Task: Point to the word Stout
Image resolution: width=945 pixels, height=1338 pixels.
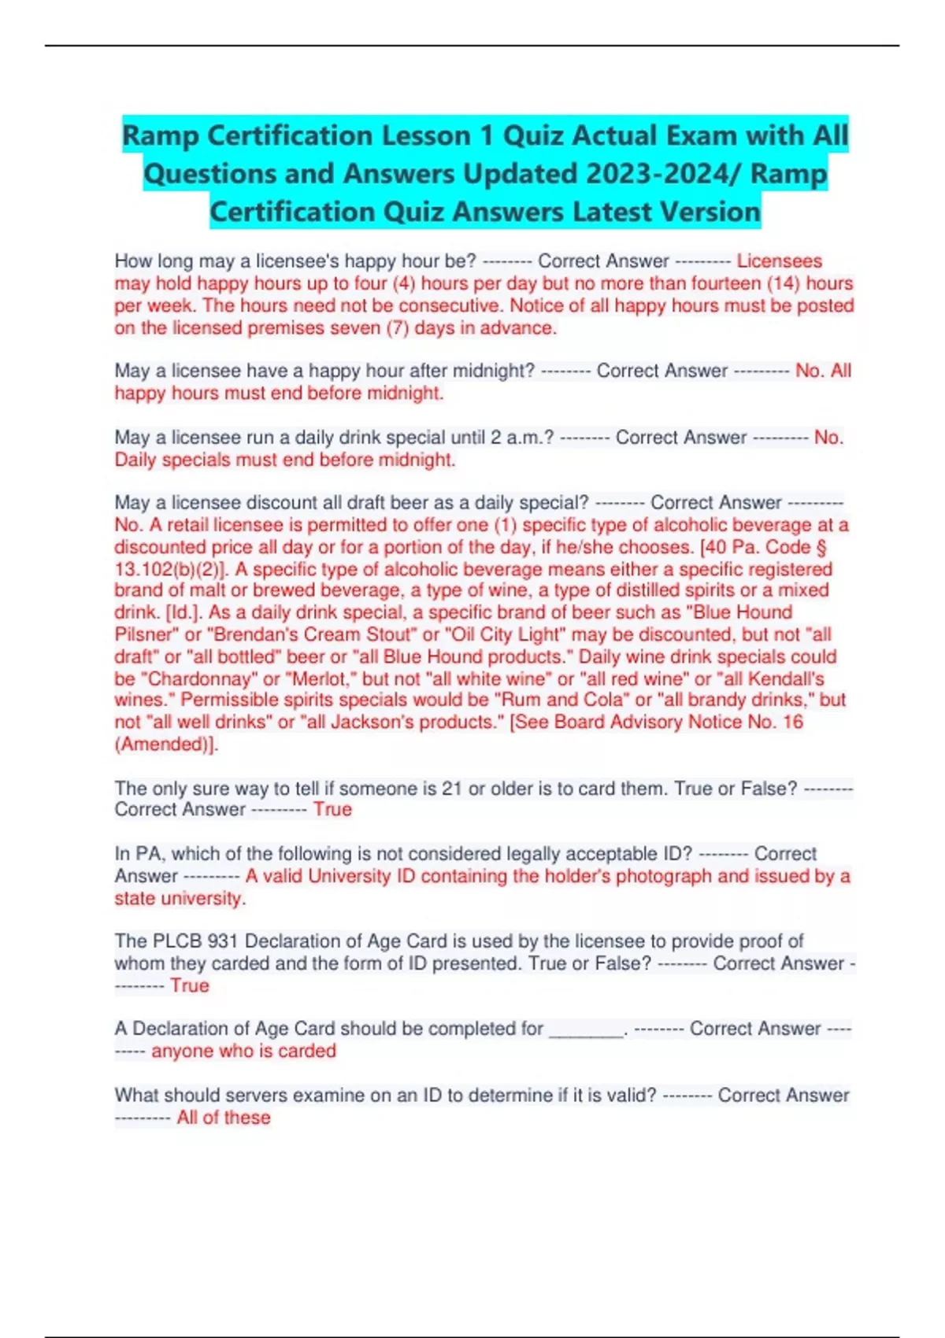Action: point(388,634)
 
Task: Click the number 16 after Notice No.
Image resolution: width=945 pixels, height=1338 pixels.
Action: point(792,722)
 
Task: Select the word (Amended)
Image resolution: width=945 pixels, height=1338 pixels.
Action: point(165,744)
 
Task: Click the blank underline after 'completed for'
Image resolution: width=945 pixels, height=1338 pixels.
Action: point(586,1029)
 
